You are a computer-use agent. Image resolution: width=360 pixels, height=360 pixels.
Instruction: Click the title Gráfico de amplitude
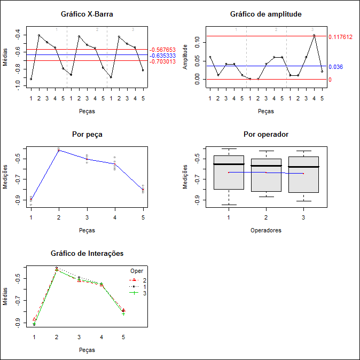[265, 14]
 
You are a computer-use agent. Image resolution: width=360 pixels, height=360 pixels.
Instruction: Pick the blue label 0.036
[335, 67]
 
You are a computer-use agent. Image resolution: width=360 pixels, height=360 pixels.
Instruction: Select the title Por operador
[265, 134]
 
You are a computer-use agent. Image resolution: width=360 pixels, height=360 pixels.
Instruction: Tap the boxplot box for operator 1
[229, 173]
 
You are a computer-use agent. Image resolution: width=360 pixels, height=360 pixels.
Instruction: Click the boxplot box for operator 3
[303, 174]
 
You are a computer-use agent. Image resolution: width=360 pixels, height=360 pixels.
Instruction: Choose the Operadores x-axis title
[265, 231]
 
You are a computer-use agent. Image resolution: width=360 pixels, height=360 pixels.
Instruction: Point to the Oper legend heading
[137, 271]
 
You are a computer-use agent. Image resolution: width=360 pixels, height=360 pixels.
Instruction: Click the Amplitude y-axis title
[185, 57]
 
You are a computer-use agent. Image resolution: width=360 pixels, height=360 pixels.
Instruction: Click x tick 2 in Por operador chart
[266, 217]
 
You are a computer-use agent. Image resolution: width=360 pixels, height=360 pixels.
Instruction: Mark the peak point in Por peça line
[59, 150]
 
